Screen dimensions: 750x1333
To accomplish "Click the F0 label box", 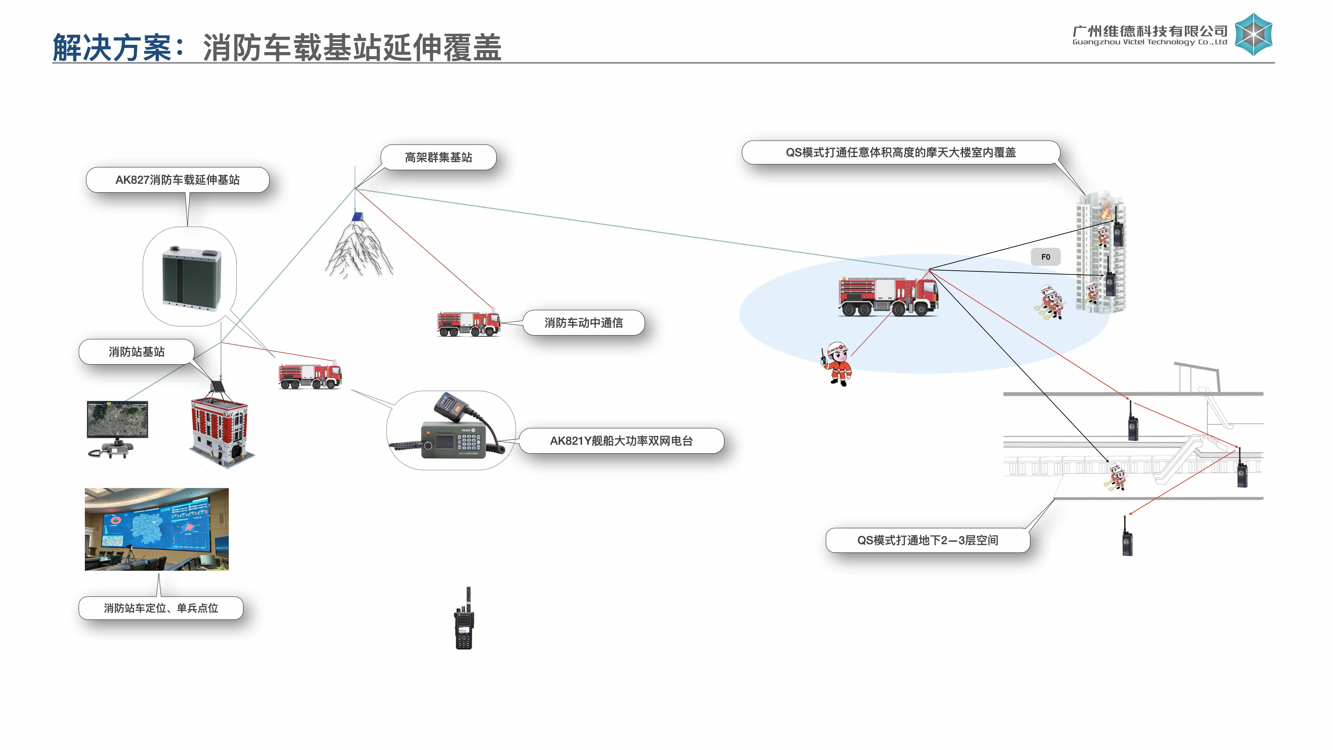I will [x=1045, y=257].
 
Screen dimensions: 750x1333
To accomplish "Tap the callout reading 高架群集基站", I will [x=438, y=157].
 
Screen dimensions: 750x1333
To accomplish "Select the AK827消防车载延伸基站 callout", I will [x=178, y=180].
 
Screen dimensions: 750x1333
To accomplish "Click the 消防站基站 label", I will [x=137, y=352].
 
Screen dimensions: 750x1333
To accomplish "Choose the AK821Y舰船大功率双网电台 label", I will [x=621, y=441].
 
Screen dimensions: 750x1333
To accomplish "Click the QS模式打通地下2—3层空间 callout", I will [x=927, y=540].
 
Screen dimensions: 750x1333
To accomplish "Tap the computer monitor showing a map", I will [x=118, y=419].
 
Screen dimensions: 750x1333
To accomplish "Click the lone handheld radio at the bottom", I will [x=464, y=621].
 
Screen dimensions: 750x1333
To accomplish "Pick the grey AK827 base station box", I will [x=191, y=278].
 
